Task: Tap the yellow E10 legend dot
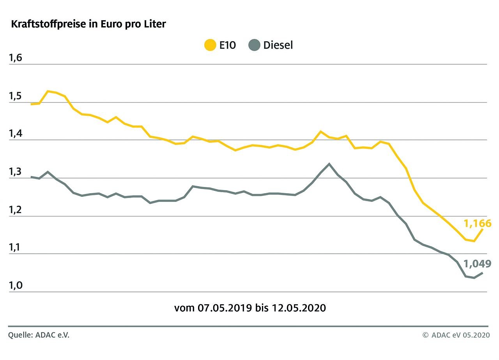pos(211,45)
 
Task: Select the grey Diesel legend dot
pos(254,45)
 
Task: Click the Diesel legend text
pos(278,45)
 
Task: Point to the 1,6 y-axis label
pos(16,58)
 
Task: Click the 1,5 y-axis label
pos(16,97)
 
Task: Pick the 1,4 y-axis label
pos(16,134)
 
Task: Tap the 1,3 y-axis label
pos(16,172)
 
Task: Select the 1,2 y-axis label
pos(16,210)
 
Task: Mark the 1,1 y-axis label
pos(16,248)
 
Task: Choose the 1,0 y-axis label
pos(16,286)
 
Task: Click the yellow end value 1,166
pos(477,223)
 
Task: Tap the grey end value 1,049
pos(477,264)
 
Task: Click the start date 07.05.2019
pos(225,308)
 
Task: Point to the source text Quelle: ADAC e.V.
pos(39,335)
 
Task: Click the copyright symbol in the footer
pos(425,335)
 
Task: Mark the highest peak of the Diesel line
pos(329,164)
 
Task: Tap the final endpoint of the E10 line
pos(483,229)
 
